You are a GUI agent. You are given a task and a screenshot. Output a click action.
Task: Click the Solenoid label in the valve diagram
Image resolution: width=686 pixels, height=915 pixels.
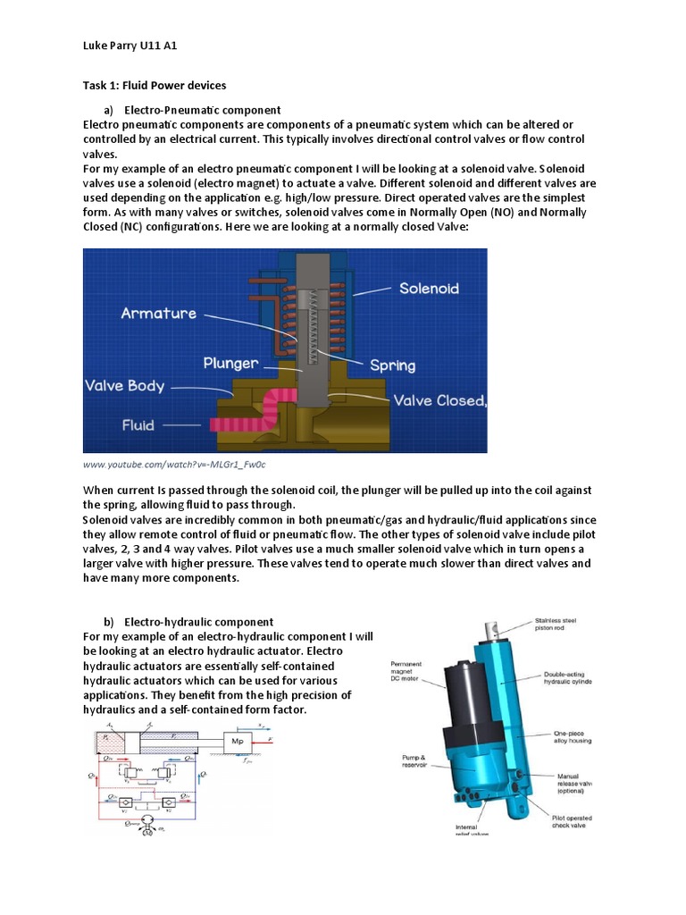click(430, 289)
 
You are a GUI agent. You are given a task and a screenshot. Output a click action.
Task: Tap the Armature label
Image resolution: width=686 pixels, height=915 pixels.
click(158, 314)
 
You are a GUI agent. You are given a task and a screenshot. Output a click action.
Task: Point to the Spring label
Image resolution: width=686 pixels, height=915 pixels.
click(393, 365)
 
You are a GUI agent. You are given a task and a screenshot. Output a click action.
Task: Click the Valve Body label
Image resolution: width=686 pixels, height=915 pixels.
click(124, 386)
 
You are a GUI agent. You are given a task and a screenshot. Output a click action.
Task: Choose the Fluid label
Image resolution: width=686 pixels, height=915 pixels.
click(138, 425)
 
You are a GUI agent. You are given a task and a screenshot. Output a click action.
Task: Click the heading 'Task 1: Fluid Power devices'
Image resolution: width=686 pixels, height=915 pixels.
click(155, 86)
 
